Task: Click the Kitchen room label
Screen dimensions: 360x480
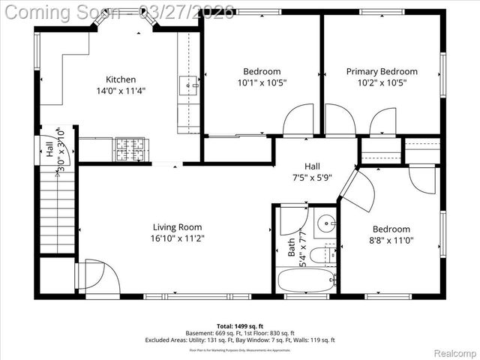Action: [x=121, y=79]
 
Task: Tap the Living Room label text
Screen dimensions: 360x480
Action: [x=178, y=227]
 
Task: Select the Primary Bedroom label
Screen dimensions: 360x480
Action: [x=392, y=71]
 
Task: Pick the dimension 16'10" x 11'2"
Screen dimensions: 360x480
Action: [x=178, y=238]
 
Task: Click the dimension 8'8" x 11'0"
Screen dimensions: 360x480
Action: [x=391, y=240]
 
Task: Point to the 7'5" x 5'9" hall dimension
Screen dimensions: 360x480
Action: [x=313, y=178]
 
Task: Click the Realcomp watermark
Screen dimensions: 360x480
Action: [x=451, y=351]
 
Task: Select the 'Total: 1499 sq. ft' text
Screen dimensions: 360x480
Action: [x=240, y=326]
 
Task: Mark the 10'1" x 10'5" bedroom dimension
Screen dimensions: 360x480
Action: [x=262, y=82]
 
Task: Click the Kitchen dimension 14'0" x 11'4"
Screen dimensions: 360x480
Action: [x=121, y=91]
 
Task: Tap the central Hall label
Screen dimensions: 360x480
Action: [x=313, y=166]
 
